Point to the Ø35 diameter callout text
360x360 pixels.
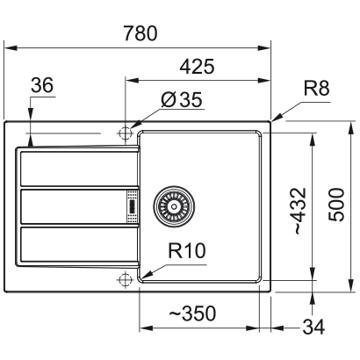click(183, 101)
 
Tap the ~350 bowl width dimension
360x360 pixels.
click(192, 313)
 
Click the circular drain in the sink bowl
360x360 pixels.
click(172, 205)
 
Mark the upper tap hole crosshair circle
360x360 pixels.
click(125, 133)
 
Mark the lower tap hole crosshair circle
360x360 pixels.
click(125, 279)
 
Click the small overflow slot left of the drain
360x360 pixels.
click(133, 205)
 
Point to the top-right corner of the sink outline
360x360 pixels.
click(270, 120)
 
